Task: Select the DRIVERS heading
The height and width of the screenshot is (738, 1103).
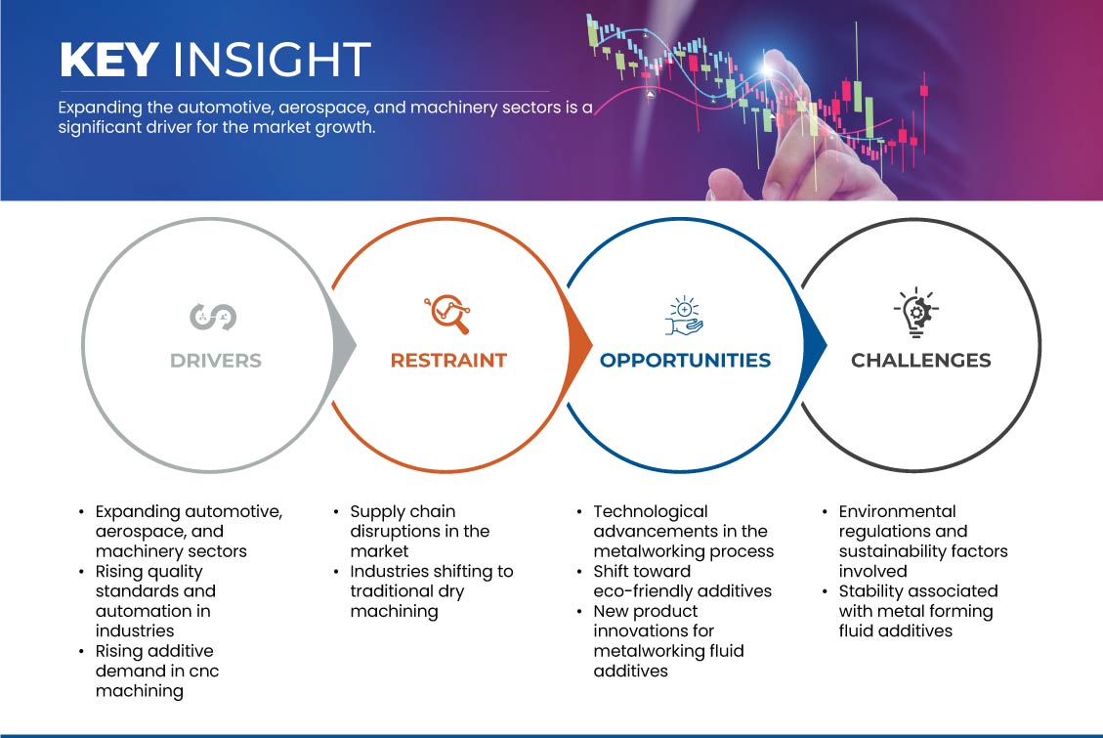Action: tap(216, 361)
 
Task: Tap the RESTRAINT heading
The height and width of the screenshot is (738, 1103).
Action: tap(448, 361)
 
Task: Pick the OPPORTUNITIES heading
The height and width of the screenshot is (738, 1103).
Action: tap(685, 361)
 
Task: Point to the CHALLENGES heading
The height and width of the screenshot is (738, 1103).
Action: tap(921, 361)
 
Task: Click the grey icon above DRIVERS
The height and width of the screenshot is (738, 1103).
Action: tap(213, 317)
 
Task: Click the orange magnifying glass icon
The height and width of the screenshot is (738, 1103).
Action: tap(447, 314)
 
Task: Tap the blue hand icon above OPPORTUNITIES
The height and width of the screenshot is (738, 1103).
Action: tap(685, 316)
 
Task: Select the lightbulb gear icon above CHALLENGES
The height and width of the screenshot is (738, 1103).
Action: tap(916, 313)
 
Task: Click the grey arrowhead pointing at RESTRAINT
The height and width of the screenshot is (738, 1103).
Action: tap(344, 345)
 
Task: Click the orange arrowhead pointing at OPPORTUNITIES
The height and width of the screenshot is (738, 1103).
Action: tap(579, 345)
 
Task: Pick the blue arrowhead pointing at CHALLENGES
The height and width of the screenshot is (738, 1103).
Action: tap(814, 345)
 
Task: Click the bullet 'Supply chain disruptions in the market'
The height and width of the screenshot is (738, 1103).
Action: tap(420, 531)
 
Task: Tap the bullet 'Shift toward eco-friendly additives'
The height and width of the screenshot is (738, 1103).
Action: tap(674, 581)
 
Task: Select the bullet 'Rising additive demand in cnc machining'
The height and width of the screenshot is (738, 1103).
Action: tap(150, 671)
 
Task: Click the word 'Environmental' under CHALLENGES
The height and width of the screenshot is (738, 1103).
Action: tap(897, 511)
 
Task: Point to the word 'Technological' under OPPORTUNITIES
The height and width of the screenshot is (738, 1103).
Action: tap(651, 512)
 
